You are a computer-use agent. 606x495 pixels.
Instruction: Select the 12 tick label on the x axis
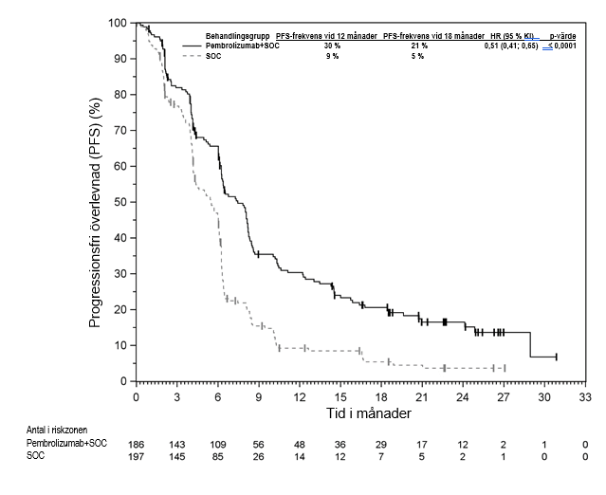pos(300,395)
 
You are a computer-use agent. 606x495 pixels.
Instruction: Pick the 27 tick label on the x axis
pos(504,395)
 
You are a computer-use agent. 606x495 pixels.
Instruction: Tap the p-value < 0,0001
pos(559,46)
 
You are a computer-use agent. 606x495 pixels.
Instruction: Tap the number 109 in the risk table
pos(218,444)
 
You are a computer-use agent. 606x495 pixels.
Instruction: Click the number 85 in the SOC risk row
pos(218,457)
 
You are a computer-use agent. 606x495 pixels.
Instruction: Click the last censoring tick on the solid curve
pos(557,357)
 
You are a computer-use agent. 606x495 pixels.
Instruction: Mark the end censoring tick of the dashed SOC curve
pos(505,368)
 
